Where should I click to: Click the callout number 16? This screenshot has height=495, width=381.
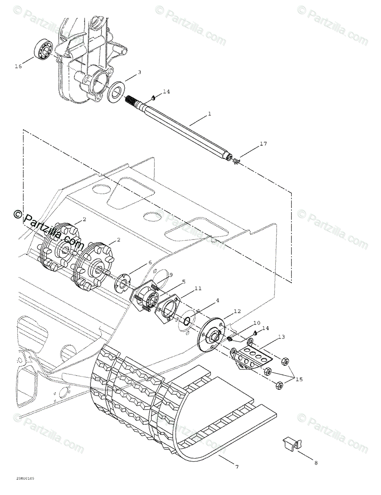pyautogui.click(x=18, y=66)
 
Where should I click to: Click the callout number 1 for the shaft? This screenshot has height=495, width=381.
pyautogui.click(x=209, y=114)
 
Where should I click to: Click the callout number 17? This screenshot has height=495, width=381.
pyautogui.click(x=263, y=144)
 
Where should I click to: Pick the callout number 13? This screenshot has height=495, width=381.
pyautogui.click(x=281, y=337)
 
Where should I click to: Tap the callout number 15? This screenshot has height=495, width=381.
pyautogui.click(x=299, y=379)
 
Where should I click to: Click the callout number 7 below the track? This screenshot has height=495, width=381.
pyautogui.click(x=236, y=467)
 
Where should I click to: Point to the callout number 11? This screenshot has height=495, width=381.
pyautogui.click(x=198, y=289)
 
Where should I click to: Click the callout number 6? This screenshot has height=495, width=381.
pyautogui.click(x=150, y=262)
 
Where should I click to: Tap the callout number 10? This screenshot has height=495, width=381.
pyautogui.click(x=257, y=323)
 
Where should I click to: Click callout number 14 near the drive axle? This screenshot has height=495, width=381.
pyautogui.click(x=166, y=91)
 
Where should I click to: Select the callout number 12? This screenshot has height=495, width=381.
pyautogui.click(x=237, y=311)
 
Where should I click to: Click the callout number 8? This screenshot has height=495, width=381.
pyautogui.click(x=315, y=463)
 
